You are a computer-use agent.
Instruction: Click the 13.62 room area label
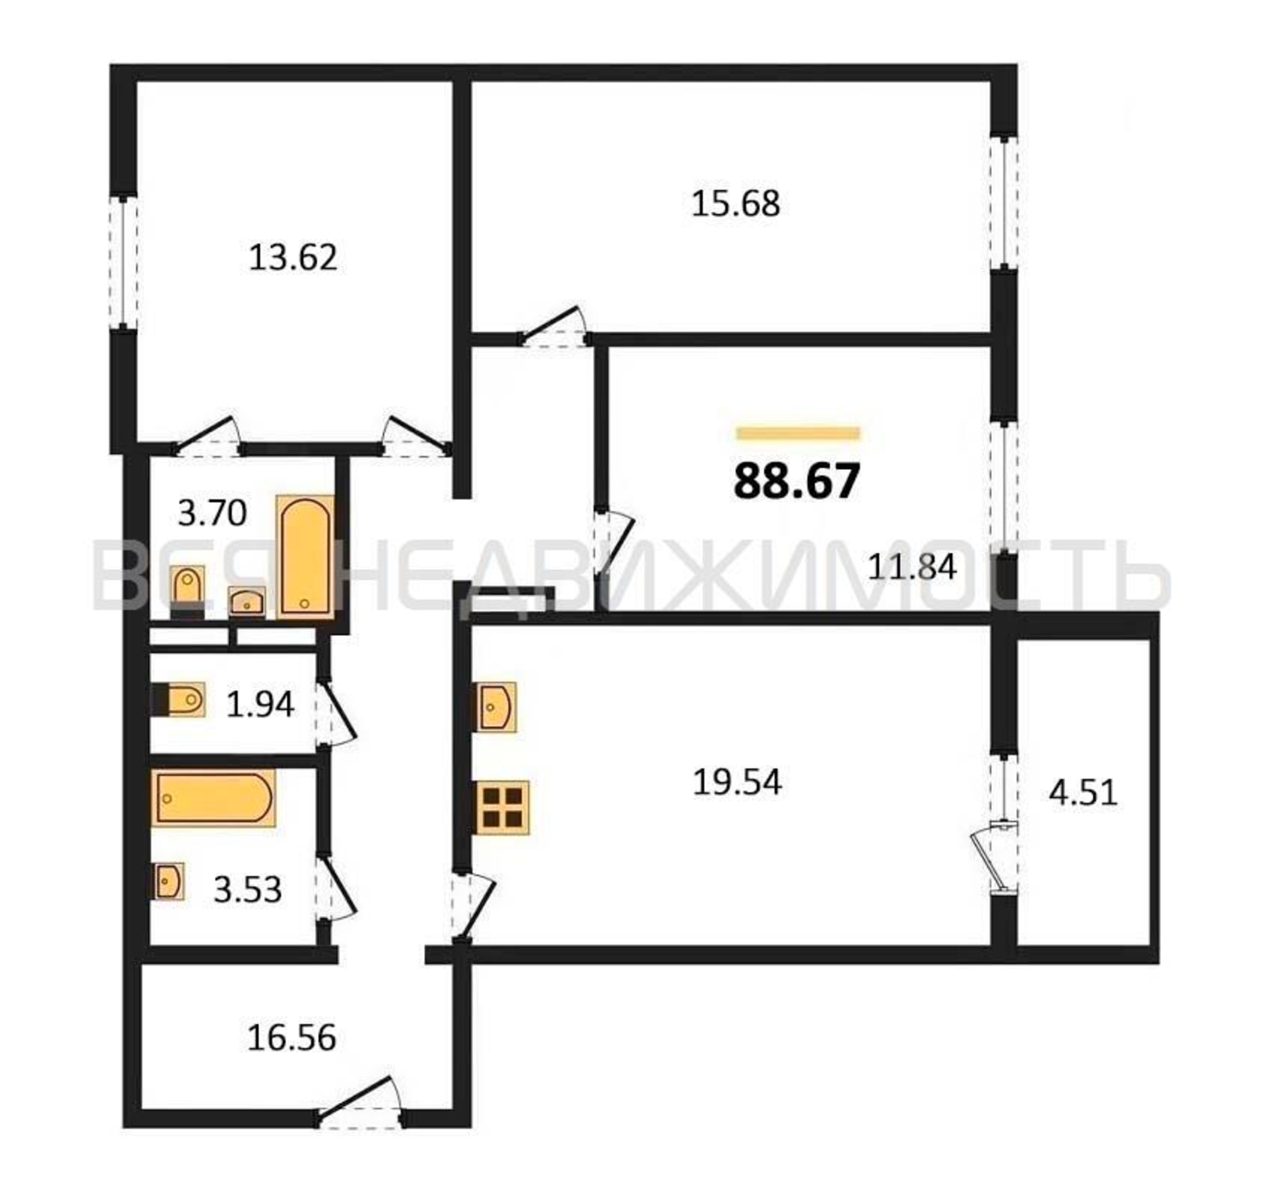[293, 258]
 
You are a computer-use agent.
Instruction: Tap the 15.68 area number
[736, 204]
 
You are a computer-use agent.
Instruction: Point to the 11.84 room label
[912, 566]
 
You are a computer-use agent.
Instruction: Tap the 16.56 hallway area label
[291, 1038]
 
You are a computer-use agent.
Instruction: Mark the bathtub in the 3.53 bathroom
[214, 798]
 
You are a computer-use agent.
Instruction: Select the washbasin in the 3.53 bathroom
[168, 881]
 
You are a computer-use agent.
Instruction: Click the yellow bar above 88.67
[798, 434]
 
